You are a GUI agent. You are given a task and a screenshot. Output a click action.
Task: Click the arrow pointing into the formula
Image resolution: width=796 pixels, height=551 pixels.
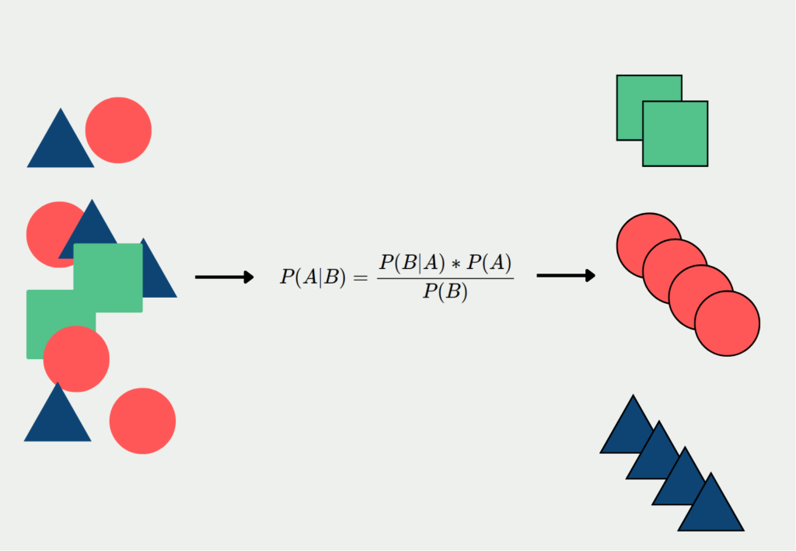tap(224, 277)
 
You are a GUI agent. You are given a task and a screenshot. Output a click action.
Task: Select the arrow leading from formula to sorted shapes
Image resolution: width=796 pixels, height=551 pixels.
tap(566, 275)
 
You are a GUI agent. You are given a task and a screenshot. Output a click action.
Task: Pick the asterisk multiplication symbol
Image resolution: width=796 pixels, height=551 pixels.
tap(452, 264)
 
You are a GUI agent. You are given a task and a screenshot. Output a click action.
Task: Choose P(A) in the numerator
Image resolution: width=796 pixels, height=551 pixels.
tap(489, 263)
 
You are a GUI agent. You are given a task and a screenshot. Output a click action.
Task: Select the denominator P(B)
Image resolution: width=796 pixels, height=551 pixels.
tap(445, 292)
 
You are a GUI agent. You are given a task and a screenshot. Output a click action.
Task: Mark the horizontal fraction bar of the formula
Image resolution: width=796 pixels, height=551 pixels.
tap(445, 278)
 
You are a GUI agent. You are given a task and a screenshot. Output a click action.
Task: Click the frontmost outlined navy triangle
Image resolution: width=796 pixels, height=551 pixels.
tap(710, 509)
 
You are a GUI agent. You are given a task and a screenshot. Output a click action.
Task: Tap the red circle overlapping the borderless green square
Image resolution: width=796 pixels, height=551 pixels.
tap(76, 359)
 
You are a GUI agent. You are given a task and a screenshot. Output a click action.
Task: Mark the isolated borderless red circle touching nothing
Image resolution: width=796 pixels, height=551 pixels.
tap(142, 420)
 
